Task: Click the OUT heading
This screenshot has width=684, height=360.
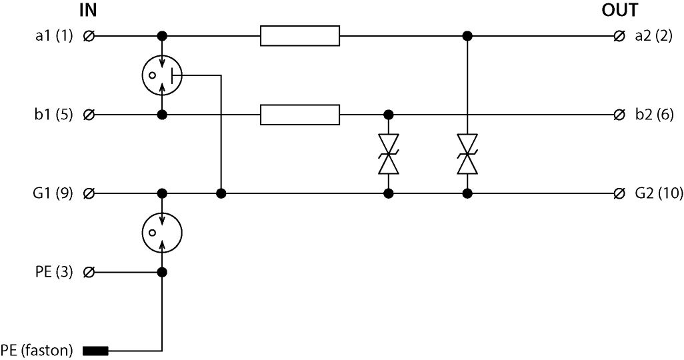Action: [619, 11]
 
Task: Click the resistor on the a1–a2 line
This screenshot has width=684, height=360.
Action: [300, 36]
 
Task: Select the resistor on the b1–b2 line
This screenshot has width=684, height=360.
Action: [300, 115]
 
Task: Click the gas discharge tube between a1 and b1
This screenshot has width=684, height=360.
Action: [162, 75]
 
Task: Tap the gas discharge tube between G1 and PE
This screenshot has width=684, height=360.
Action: [162, 233]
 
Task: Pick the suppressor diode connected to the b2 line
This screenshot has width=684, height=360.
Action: [388, 154]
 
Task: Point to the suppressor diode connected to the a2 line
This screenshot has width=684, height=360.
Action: [467, 154]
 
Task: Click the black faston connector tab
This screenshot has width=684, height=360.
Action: [95, 350]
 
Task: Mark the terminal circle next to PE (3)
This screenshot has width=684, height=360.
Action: [89, 272]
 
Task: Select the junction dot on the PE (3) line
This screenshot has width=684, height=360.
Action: [162, 272]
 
